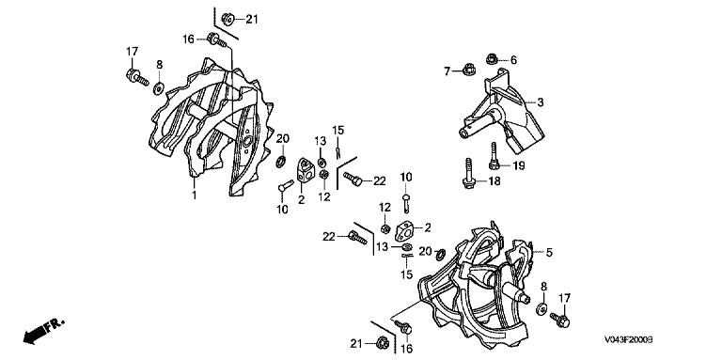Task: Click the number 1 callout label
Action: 195,196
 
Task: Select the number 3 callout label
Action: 541,102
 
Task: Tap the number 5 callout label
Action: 549,252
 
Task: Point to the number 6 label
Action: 513,60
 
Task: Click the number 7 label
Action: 447,70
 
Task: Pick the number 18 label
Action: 494,181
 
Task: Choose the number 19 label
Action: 519,165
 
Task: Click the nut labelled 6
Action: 492,58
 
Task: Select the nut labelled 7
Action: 468,70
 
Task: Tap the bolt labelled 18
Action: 468,174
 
